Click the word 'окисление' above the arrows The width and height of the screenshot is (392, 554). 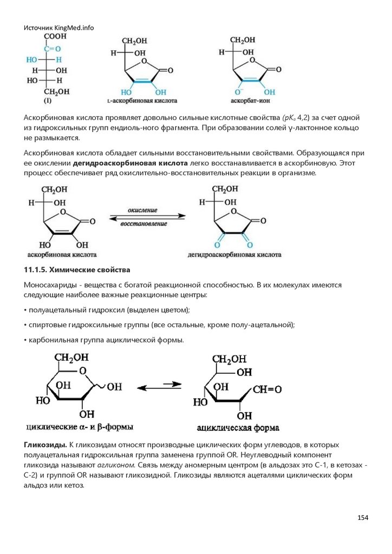142,209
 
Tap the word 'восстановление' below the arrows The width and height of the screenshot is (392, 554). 143,223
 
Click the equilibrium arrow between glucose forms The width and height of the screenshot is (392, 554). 159,387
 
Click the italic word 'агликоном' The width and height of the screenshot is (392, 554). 115,465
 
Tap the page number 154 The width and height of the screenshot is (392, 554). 362,518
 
